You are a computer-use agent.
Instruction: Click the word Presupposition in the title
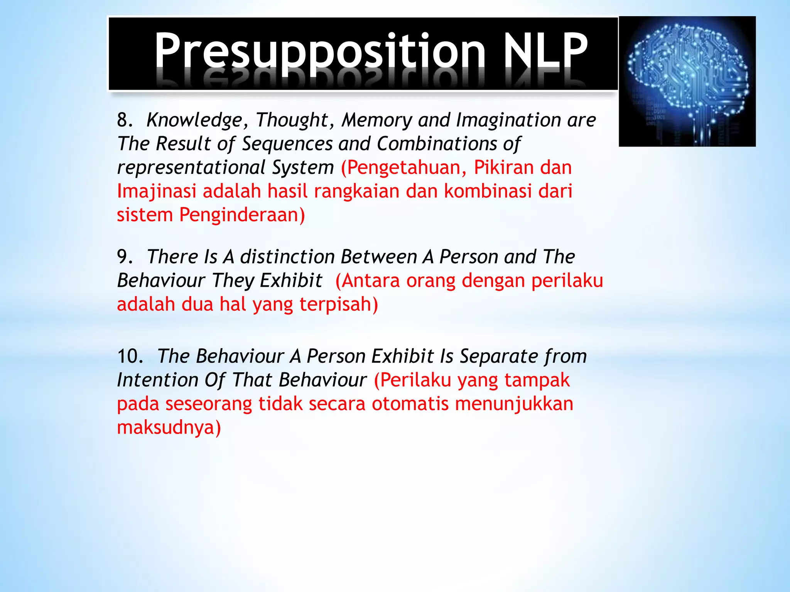click(319, 52)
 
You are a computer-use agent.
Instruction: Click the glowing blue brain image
click(687, 81)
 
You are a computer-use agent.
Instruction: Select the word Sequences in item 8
click(287, 144)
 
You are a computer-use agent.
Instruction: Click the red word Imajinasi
click(157, 192)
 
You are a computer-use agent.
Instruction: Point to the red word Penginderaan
click(242, 215)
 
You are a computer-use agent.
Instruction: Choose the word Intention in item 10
click(157, 380)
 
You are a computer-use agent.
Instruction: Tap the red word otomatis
click(410, 404)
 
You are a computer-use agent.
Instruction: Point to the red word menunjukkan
click(514, 404)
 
